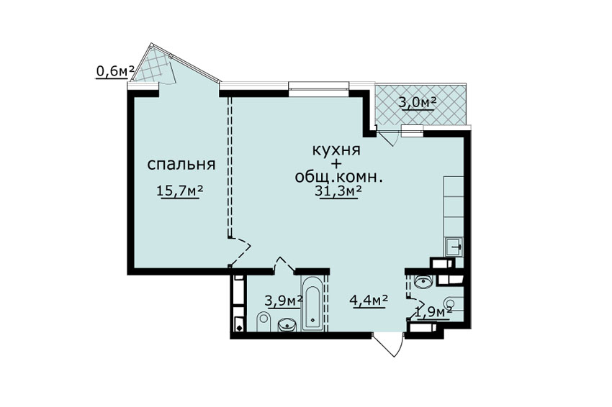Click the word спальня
point(181,165)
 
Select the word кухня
point(336,150)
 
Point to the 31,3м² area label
point(338,191)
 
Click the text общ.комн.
point(338,178)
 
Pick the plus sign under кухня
point(336,163)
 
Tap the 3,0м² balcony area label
point(417,102)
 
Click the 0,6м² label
point(115,71)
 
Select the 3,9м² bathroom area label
point(284,301)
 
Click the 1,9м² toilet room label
point(433,312)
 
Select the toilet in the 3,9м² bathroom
point(264,322)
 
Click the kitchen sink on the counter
point(454,247)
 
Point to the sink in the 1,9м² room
point(423,281)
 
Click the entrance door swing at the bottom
point(388,344)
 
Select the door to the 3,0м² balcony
point(387,137)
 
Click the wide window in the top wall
point(318,86)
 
